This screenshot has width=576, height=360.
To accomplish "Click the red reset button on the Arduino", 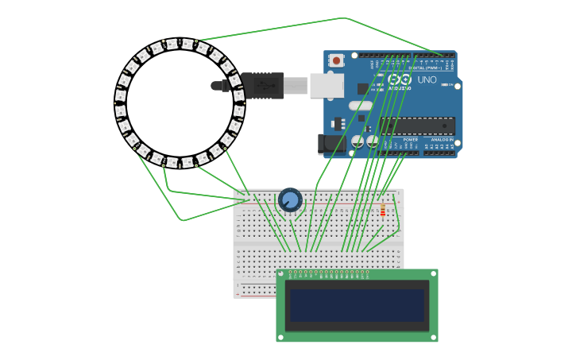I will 336,60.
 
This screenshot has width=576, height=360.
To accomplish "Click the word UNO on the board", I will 427,79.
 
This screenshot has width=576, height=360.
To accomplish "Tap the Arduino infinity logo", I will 400,79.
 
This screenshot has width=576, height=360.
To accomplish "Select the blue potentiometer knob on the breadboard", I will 290,199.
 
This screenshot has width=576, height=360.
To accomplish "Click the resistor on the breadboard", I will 382,211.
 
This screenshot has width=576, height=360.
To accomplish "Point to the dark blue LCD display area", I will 357,305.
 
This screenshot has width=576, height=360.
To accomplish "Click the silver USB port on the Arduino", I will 326,85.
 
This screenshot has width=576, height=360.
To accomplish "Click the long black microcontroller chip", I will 417,126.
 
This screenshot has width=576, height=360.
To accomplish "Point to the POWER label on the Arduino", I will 410,139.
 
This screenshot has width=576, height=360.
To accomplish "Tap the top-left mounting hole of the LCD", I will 280,273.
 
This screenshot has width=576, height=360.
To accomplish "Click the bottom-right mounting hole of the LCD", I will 433,338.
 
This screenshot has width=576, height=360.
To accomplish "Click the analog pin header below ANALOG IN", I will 439,152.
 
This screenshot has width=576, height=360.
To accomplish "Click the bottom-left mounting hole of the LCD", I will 280,338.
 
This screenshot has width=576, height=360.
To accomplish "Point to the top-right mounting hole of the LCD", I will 433,273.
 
